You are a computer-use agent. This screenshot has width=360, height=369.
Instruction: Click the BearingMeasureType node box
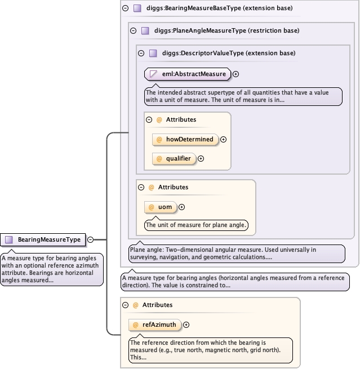pos(44,239)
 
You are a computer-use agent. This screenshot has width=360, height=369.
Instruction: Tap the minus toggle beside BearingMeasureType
pos(90,239)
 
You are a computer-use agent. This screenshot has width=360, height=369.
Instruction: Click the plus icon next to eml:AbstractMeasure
pos(236,74)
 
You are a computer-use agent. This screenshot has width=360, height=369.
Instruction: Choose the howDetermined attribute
pos(185,139)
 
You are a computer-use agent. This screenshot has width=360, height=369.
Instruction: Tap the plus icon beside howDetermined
pos(224,139)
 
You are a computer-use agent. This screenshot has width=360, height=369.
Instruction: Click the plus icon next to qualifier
pos(201,158)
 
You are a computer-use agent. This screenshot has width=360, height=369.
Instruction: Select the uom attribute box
pos(161,207)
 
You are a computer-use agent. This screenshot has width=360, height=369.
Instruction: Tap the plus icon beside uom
pos(182,207)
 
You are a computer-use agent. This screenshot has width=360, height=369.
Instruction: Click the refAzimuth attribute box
pos(155,324)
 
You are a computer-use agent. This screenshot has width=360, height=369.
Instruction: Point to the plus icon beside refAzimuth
pos(186,324)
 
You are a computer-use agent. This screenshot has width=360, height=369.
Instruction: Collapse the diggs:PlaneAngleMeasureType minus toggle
pos(132,30)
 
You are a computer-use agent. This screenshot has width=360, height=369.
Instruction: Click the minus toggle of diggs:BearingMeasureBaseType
pos(125,8)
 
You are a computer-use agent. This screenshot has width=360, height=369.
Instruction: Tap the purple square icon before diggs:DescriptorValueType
pos(153,53)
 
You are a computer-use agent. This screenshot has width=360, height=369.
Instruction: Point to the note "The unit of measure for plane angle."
pos(196,225)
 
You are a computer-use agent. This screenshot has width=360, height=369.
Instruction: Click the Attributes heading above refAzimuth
pos(157,305)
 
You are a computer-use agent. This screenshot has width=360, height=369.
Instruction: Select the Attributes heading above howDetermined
pos(181,119)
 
